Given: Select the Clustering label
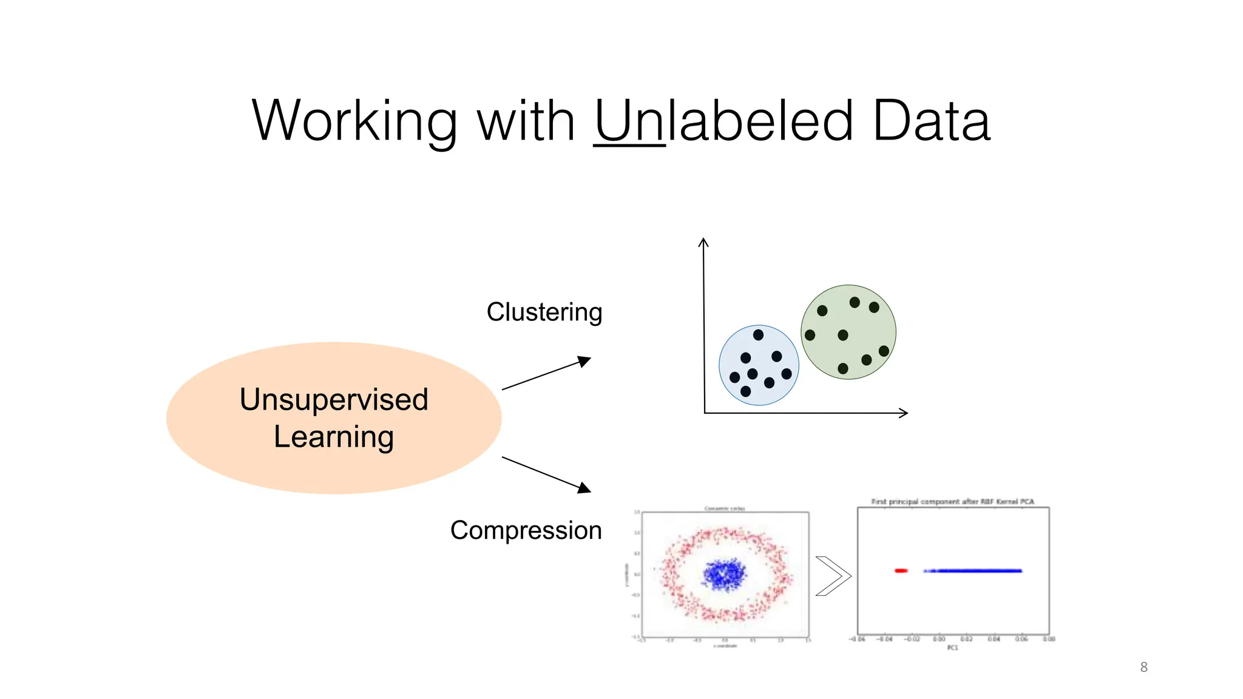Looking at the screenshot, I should (x=544, y=312).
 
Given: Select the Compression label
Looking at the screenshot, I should (x=526, y=530).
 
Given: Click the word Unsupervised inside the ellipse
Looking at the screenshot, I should (x=334, y=399).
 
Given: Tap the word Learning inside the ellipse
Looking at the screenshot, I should (x=334, y=437).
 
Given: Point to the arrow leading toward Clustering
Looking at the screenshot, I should (x=546, y=374).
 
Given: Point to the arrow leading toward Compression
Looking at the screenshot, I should (x=546, y=474).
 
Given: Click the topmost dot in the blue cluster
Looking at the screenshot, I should (x=758, y=335).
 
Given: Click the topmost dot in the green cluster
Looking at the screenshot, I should (x=855, y=302).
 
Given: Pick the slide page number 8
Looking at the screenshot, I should (x=1143, y=667).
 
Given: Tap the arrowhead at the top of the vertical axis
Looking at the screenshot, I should (x=703, y=242).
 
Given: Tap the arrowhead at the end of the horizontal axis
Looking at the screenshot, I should (x=904, y=413).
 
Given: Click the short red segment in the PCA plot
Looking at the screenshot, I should (x=901, y=570).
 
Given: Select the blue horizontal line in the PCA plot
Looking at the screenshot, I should (x=974, y=570).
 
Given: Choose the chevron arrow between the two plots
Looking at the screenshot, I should (x=833, y=576).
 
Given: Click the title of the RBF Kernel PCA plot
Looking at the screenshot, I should (x=952, y=502).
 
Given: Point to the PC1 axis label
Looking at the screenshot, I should (x=952, y=648).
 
